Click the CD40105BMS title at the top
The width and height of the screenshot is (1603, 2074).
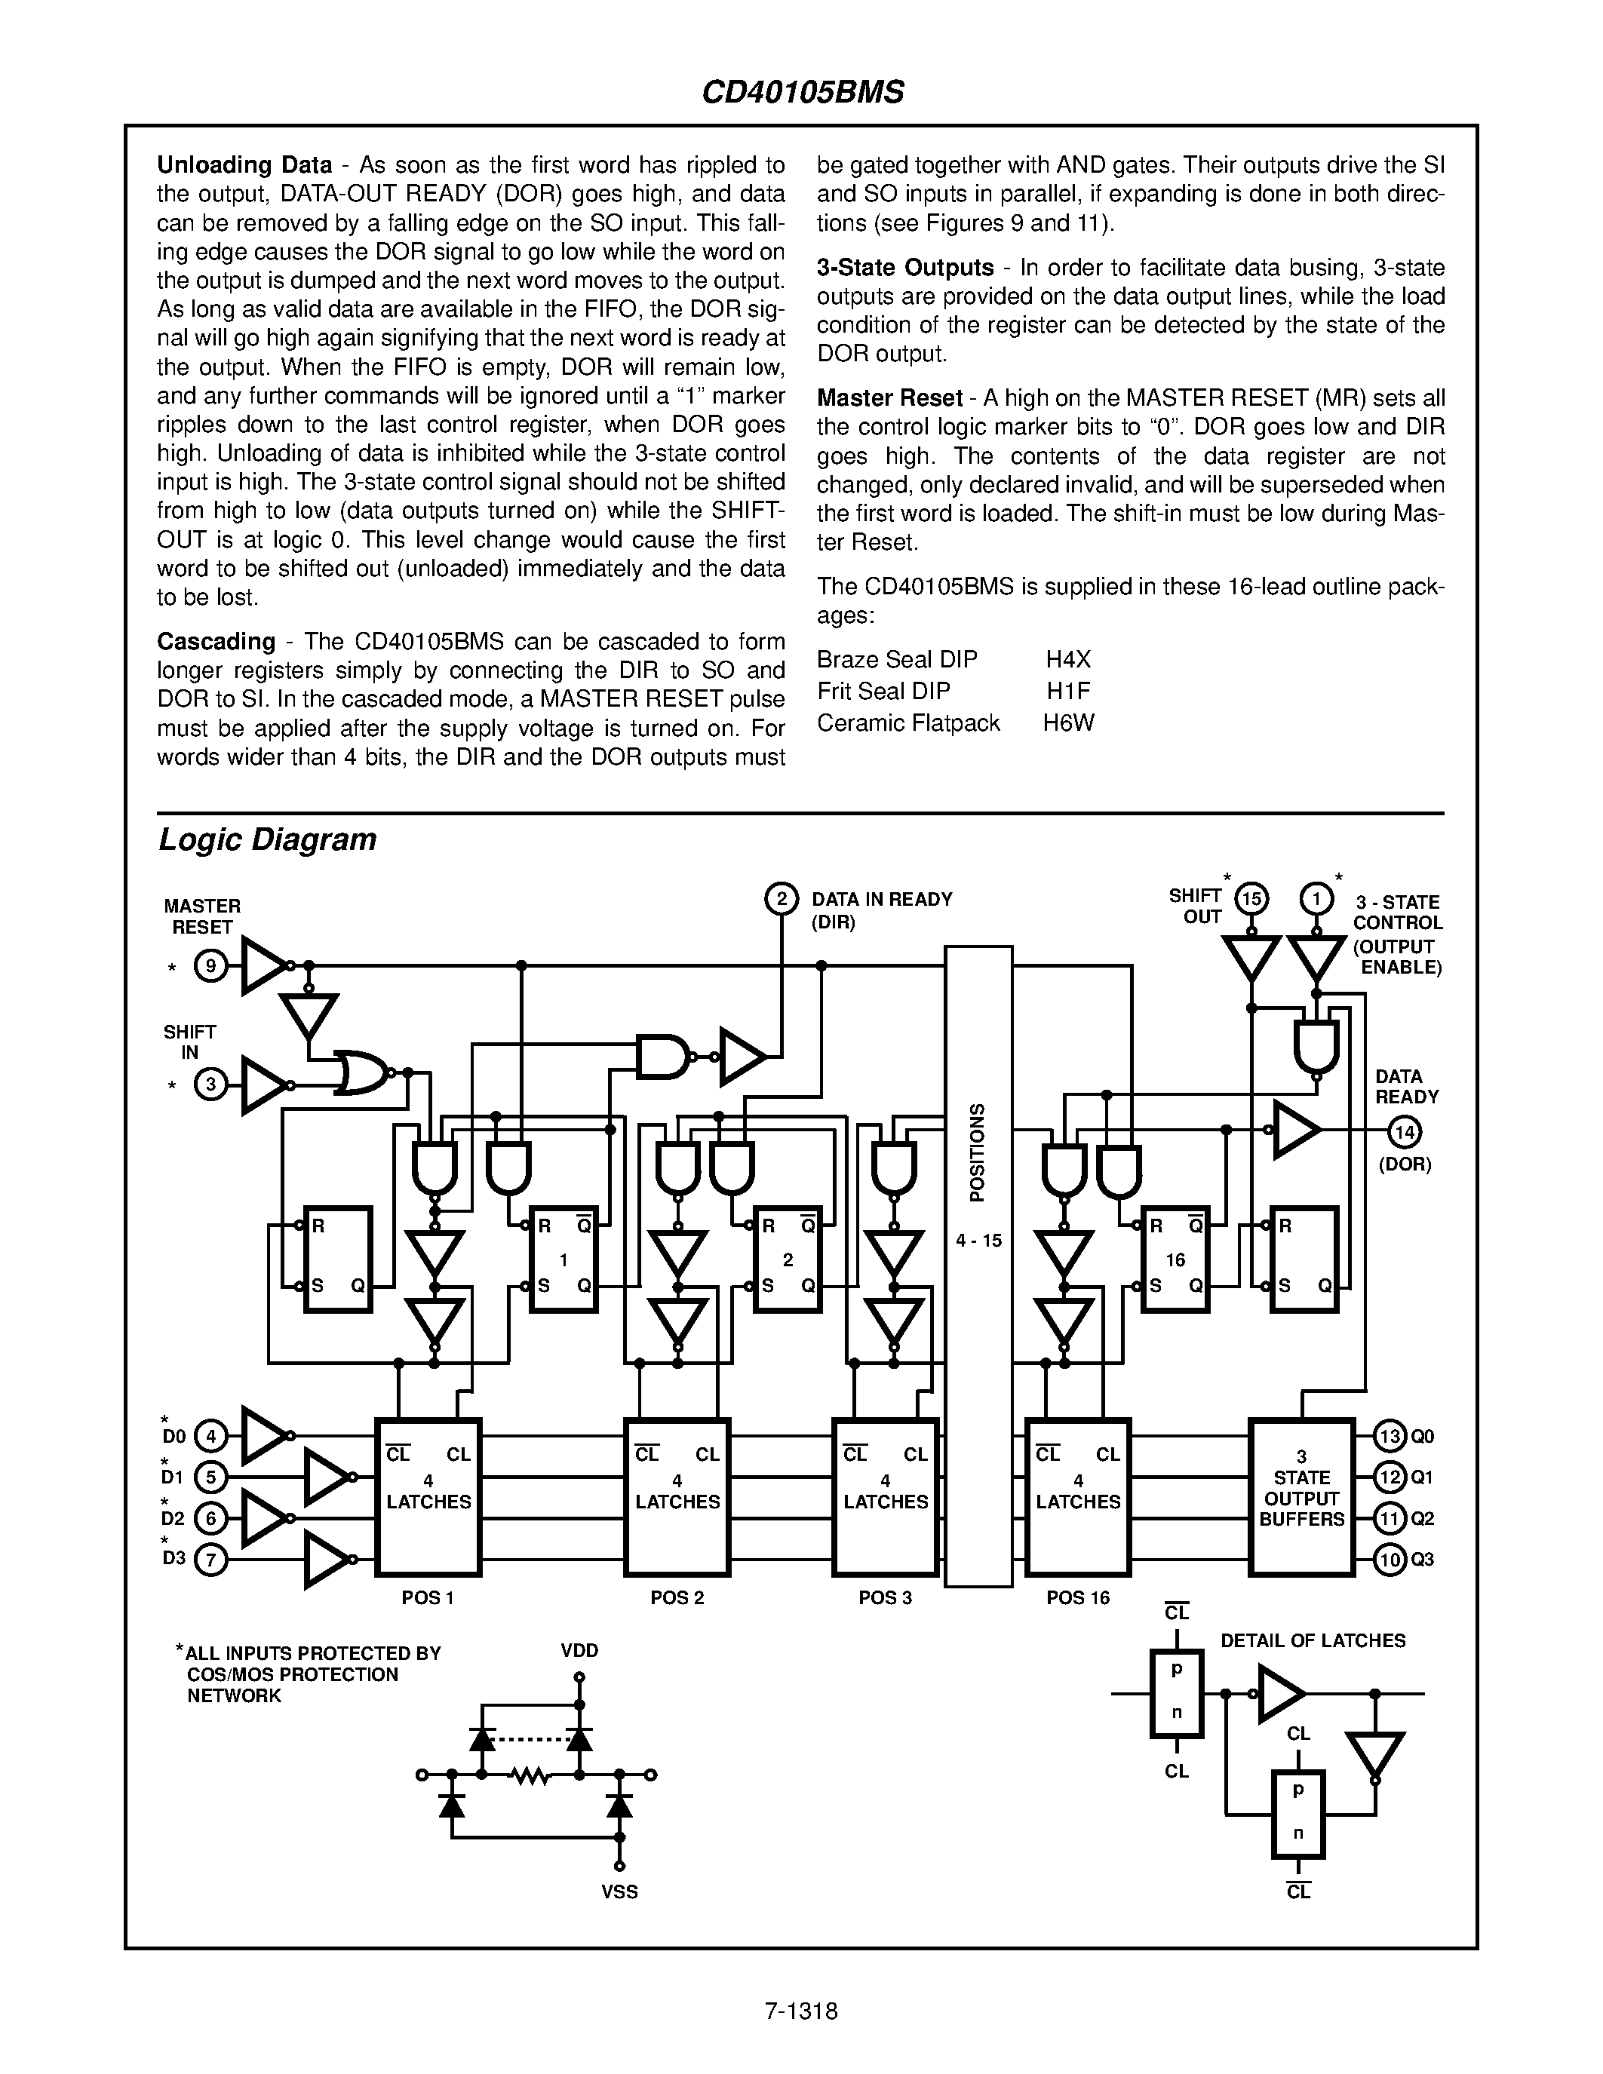(803, 92)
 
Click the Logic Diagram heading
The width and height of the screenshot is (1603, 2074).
(267, 839)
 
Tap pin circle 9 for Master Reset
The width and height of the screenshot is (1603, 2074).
(210, 967)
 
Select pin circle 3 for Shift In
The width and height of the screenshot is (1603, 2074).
(210, 1085)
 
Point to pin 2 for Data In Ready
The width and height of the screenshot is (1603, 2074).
(781, 898)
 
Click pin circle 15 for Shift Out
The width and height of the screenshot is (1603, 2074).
(1251, 898)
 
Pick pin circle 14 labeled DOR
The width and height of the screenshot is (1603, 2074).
(1405, 1131)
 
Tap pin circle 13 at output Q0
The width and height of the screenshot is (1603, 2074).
(1390, 1437)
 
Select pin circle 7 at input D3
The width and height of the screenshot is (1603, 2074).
(210, 1560)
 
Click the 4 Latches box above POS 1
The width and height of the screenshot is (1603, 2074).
(428, 1498)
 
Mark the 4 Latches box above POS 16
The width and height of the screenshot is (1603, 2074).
(1078, 1498)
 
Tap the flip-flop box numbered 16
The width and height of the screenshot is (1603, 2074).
(1175, 1259)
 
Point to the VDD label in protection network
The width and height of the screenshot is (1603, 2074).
(579, 1650)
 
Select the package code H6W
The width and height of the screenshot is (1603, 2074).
(1068, 723)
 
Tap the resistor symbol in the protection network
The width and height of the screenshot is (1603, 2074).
(530, 1774)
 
